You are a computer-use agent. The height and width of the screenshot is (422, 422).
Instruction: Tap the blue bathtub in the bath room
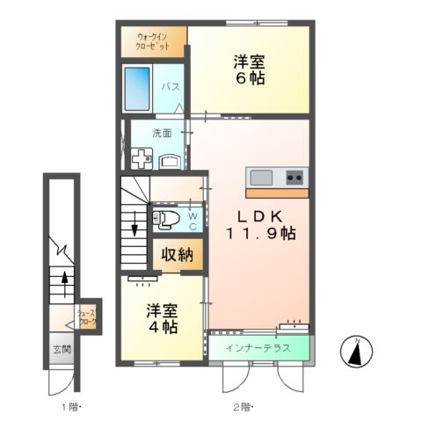click(139, 86)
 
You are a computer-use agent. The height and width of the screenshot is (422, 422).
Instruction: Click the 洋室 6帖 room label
click(249, 69)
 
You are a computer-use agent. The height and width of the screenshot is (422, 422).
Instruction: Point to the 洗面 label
click(161, 134)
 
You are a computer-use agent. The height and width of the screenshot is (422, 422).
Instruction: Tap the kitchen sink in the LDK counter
click(261, 177)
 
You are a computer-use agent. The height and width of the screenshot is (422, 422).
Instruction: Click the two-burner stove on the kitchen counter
click(292, 177)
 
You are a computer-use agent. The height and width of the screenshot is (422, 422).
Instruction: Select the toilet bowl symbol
click(167, 218)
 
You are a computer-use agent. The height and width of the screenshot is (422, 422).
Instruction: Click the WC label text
click(193, 216)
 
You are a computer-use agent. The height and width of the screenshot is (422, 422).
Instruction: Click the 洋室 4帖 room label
click(163, 318)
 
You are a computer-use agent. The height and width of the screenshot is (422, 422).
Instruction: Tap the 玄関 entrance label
click(60, 349)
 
